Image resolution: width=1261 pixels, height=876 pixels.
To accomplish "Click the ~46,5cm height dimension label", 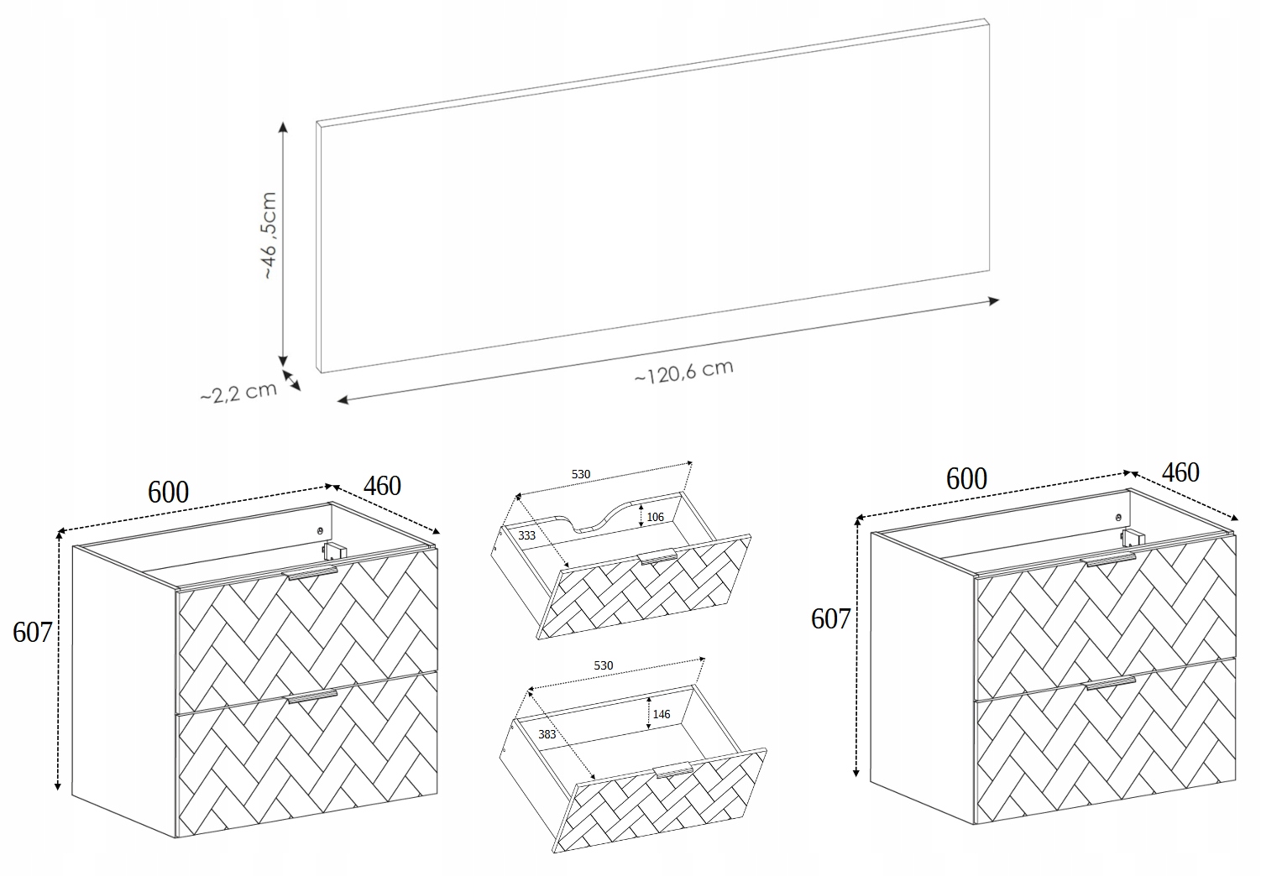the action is click(269, 236).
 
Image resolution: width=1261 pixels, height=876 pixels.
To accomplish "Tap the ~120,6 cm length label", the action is click(684, 372).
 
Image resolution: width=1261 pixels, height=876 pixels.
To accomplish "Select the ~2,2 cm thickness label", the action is click(238, 392).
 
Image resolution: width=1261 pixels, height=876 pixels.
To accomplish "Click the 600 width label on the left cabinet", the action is click(168, 493).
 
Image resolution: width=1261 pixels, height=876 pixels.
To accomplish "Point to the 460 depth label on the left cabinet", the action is click(382, 486).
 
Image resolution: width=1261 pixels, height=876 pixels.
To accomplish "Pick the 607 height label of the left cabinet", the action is click(33, 633).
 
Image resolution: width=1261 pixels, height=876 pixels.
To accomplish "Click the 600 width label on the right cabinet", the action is click(966, 479).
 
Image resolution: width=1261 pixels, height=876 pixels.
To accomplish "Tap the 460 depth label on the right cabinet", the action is click(1180, 472).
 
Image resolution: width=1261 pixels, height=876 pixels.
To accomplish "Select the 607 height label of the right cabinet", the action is click(831, 619).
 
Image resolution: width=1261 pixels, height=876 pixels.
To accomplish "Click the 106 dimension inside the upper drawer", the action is click(656, 517).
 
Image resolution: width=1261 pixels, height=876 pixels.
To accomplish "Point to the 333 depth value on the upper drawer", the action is click(527, 535).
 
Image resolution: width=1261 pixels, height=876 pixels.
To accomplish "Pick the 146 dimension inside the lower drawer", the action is click(662, 714).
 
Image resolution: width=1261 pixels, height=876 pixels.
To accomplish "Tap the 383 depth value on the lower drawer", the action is click(547, 734).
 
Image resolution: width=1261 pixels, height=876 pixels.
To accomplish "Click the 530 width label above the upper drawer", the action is click(581, 474).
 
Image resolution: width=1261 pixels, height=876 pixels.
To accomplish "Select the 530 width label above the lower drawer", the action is click(604, 665).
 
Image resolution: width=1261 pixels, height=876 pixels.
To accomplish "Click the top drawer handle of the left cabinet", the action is click(310, 573).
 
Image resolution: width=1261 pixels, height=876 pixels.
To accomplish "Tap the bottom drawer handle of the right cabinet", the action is click(1111, 683).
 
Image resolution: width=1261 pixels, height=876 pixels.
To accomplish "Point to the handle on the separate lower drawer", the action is click(672, 769).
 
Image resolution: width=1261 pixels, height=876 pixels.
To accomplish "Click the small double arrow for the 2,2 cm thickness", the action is click(291, 380).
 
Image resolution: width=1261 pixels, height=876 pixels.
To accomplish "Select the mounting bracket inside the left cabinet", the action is click(333, 550).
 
